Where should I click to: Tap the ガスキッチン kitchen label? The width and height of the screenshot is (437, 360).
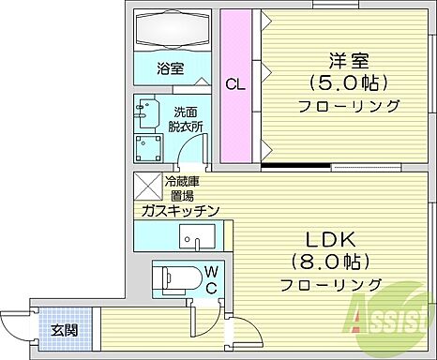pyautogui.click(x=181, y=212)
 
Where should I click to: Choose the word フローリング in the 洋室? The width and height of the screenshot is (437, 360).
pyautogui.click(x=348, y=105)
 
